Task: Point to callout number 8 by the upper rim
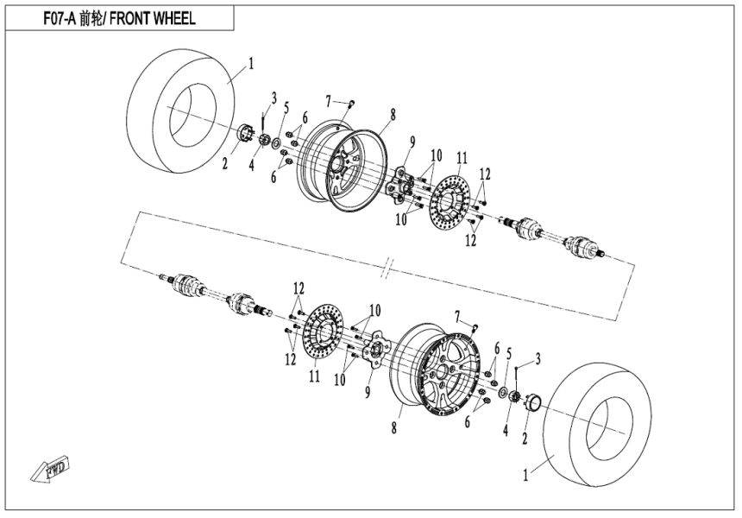tap(393, 113)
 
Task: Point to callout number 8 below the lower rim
tap(395, 427)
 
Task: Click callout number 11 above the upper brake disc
tap(462, 157)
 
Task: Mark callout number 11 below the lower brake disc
tap(314, 376)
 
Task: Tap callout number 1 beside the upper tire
tap(251, 62)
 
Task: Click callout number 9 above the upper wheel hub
tap(413, 142)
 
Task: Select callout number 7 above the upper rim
tap(329, 101)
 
